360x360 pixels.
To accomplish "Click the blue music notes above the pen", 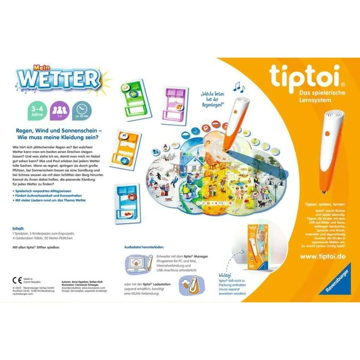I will tap(239, 88).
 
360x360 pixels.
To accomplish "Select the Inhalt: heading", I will tap(19, 228).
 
